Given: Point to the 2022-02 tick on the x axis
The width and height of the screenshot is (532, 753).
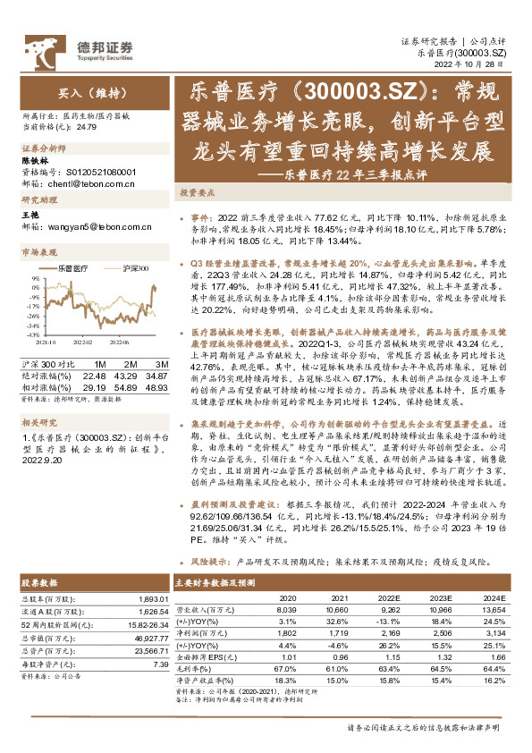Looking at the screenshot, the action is tap(81, 341).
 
